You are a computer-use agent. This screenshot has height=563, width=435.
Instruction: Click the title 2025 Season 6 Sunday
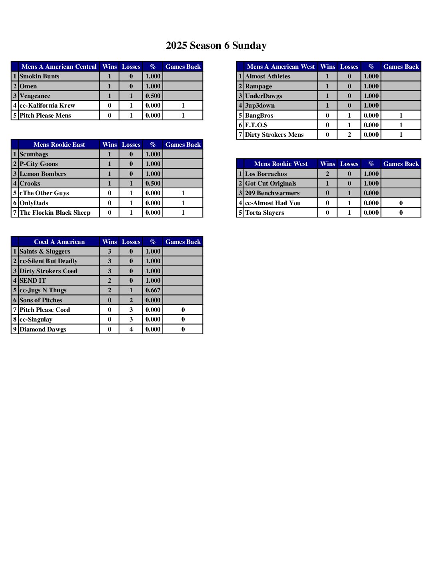point(216,46)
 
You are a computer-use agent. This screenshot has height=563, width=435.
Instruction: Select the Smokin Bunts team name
point(40,76)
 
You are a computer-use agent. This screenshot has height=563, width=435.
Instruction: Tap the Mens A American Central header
point(59,67)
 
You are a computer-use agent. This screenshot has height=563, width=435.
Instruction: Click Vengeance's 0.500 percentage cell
point(153,96)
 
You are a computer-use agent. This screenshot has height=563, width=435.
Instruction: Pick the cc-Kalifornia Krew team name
point(47,106)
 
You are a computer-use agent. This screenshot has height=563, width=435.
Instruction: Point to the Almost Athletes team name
point(267,76)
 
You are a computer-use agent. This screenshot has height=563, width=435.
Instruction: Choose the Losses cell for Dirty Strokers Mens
point(349,135)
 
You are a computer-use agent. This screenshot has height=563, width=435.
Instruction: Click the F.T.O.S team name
point(256,125)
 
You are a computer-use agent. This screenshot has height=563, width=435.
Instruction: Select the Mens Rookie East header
point(59,145)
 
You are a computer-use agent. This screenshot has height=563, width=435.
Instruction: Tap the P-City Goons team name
point(39,164)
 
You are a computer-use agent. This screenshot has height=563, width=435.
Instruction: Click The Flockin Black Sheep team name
point(55,213)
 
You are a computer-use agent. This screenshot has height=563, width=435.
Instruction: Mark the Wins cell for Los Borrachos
point(327,174)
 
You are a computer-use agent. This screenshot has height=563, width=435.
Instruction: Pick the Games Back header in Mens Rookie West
point(401,164)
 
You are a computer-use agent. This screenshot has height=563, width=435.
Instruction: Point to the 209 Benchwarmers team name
point(272,193)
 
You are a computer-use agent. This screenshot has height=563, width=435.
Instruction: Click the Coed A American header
point(59,242)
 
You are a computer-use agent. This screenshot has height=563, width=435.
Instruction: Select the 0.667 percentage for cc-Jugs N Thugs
point(153,290)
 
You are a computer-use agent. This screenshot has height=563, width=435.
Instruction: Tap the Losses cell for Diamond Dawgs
point(131,329)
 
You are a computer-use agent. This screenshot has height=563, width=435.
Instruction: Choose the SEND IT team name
point(33,281)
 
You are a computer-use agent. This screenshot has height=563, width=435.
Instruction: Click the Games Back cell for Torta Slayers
point(401,213)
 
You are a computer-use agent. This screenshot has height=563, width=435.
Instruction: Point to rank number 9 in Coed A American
point(15,329)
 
